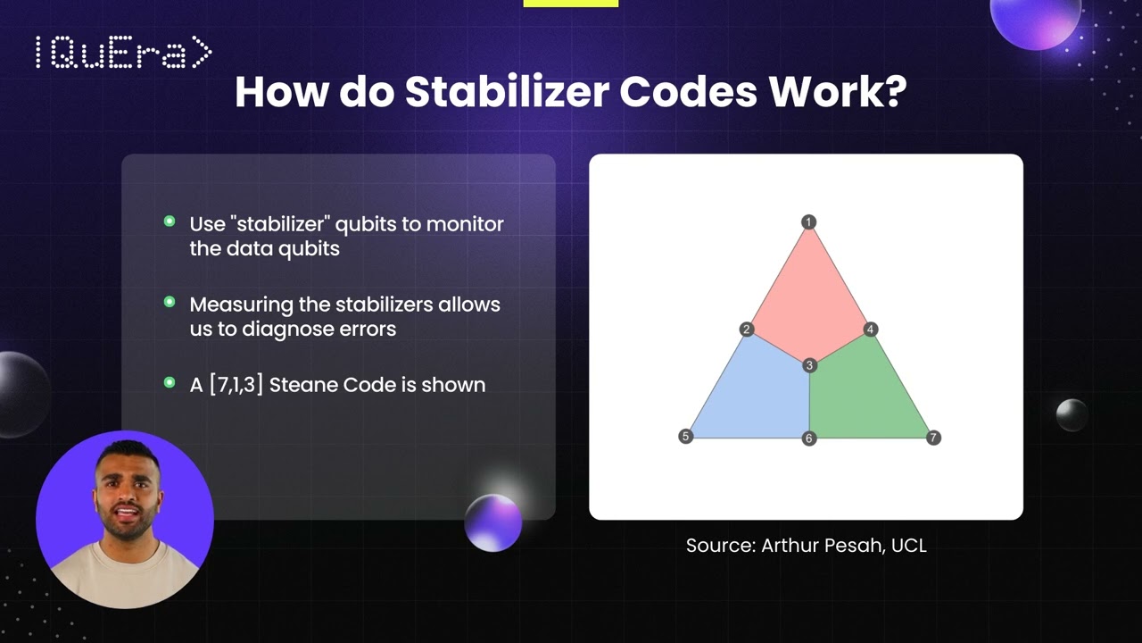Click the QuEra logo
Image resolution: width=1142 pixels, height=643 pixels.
tap(123, 53)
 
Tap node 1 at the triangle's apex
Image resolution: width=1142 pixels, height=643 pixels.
tap(808, 222)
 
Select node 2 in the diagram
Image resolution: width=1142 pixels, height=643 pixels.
tap(747, 330)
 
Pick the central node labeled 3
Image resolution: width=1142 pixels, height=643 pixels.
tap(809, 365)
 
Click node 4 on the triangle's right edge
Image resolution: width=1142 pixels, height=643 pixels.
tap(871, 330)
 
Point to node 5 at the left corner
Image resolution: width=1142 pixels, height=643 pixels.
tap(685, 437)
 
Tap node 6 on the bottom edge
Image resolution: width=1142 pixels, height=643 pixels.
tap(808, 438)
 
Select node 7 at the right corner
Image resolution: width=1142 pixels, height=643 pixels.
tap(933, 438)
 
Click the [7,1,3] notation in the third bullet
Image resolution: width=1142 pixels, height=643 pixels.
tap(236, 386)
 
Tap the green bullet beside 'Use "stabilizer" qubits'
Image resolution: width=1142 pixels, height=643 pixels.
tap(170, 221)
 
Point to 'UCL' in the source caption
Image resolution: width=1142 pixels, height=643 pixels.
tap(908, 546)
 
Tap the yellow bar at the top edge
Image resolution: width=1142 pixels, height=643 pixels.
tap(570, 4)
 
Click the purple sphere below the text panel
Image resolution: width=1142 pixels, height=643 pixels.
tap(493, 522)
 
